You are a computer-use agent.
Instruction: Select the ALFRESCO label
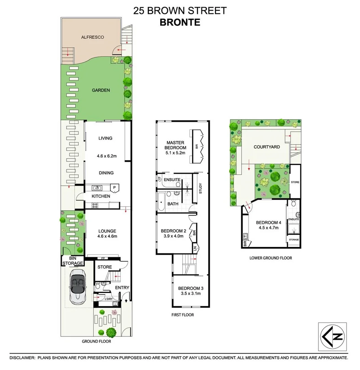click(92, 37)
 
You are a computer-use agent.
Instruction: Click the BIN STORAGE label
click(73, 261)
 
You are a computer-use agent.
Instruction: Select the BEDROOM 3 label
click(189, 288)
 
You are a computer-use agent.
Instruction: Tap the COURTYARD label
click(267, 147)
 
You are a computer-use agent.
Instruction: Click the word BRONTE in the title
click(180, 22)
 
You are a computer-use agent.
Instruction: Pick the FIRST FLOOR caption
click(183, 315)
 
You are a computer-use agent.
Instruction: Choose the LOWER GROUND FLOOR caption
click(271, 258)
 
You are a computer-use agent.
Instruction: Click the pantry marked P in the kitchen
click(114, 188)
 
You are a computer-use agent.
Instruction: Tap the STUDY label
click(201, 188)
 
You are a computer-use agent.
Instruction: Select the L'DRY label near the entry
click(109, 299)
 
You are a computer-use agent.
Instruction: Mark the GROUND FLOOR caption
click(96, 341)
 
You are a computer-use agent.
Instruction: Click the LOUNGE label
click(107, 231)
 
